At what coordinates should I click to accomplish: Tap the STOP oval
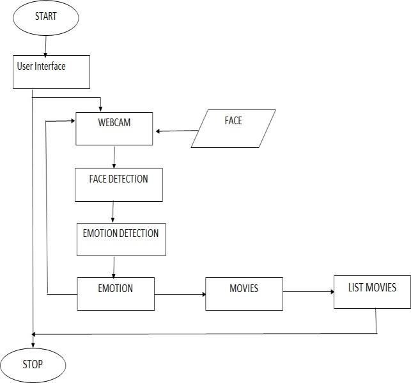(x=33, y=365)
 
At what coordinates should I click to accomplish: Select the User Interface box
(x=52, y=71)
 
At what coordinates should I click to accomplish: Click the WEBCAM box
(x=114, y=128)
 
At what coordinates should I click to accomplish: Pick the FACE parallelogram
(x=233, y=129)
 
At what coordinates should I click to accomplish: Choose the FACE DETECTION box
(x=118, y=184)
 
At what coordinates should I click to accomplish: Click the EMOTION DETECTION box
(x=121, y=239)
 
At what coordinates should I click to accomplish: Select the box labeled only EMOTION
(x=116, y=293)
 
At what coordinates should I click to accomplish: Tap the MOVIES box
(x=244, y=293)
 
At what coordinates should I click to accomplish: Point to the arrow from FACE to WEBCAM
(x=174, y=131)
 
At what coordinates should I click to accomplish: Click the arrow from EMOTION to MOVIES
(x=180, y=295)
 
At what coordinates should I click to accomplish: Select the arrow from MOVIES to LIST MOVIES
(x=308, y=293)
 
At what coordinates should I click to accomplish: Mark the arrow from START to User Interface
(x=45, y=45)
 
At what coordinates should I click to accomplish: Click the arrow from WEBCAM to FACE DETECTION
(x=114, y=156)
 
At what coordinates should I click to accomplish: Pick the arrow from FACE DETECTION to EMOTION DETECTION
(x=113, y=211)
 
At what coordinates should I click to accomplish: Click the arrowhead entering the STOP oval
(x=33, y=344)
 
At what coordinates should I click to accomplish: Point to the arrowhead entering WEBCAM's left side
(x=72, y=120)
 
